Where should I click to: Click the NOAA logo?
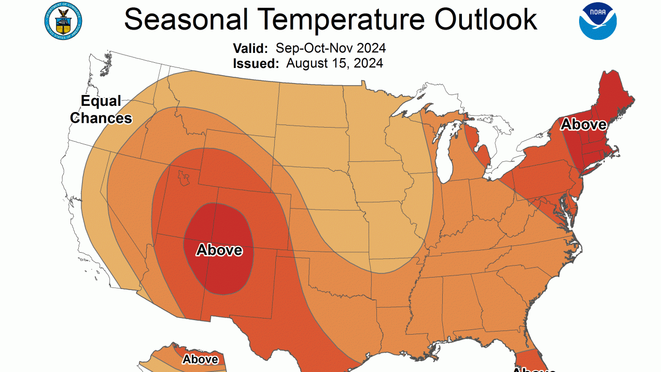(x=598, y=21)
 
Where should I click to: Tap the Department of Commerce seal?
(x=63, y=20)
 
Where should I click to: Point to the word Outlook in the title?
(x=485, y=20)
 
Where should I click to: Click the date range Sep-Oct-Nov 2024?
(x=331, y=48)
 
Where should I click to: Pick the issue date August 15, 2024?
(x=334, y=63)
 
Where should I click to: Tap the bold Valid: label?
(x=250, y=48)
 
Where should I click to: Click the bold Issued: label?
(x=256, y=63)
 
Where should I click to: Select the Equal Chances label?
(x=101, y=109)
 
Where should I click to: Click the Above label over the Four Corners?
(x=219, y=250)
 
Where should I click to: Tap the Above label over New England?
(x=584, y=125)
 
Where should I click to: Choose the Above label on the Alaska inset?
(x=200, y=359)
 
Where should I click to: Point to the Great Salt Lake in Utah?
(x=182, y=179)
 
